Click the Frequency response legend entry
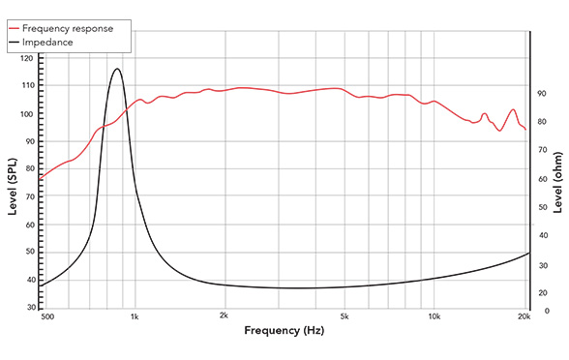pyautogui.click(x=71, y=28)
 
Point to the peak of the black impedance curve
pyautogui.click(x=116, y=69)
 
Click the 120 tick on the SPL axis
pyautogui.click(x=26, y=58)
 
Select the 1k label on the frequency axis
pyautogui.click(x=135, y=316)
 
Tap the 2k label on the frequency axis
pyautogui.click(x=224, y=316)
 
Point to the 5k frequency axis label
pyautogui.click(x=344, y=316)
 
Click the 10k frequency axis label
pyautogui.click(x=434, y=316)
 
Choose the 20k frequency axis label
pyautogui.click(x=524, y=316)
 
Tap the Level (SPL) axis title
pyautogui.click(x=12, y=184)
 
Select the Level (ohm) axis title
pyautogui.click(x=559, y=184)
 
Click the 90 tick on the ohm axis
pyautogui.click(x=542, y=94)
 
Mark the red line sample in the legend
pyautogui.click(x=14, y=29)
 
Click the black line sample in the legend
pyautogui.click(x=14, y=43)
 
